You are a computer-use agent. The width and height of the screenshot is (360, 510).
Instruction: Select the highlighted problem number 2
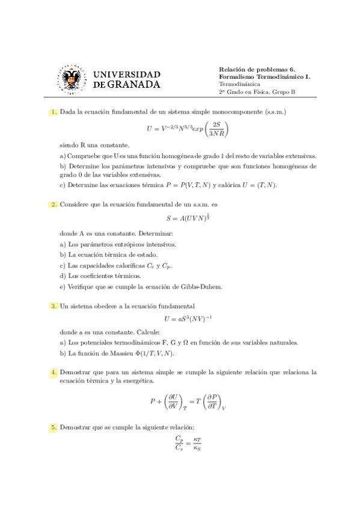[54, 204]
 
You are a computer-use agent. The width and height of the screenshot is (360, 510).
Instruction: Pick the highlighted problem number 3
[54, 306]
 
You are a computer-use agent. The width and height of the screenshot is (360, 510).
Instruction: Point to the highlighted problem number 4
[54, 373]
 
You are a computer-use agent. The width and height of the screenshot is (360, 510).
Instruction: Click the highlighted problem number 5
[54, 428]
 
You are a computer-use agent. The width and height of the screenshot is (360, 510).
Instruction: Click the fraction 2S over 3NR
[217, 128]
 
